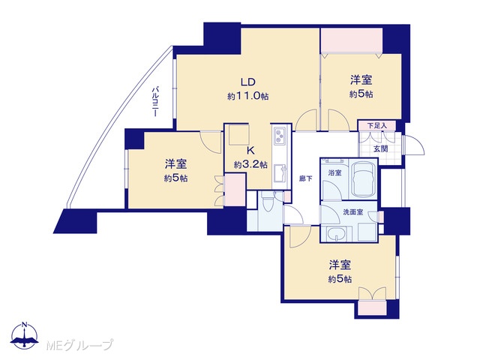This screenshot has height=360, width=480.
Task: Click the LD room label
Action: (x=248, y=82)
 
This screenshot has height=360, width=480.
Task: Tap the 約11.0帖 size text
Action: (x=248, y=97)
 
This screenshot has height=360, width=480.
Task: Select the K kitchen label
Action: (x=250, y=151)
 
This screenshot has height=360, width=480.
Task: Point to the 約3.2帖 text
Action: (x=250, y=165)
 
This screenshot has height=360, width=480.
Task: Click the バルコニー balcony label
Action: (x=155, y=102)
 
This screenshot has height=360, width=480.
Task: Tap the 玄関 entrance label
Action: (x=380, y=148)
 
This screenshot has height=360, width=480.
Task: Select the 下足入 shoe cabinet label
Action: (x=376, y=125)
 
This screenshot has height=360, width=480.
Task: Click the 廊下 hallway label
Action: (x=306, y=178)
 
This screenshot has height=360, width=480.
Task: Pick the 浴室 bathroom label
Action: (x=334, y=172)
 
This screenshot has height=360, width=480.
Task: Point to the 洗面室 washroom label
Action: (x=353, y=211)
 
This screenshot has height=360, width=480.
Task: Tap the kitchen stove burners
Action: (x=280, y=136)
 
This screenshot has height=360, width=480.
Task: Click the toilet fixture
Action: (x=267, y=202)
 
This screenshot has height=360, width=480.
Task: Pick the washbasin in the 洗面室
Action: (x=336, y=235)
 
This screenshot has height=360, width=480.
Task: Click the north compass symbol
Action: (x=25, y=336)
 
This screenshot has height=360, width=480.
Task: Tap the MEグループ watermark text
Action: (x=80, y=346)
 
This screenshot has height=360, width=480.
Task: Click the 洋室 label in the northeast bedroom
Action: (x=361, y=80)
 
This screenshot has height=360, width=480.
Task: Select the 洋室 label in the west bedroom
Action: (x=175, y=164)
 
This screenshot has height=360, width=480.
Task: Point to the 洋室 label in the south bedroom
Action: (x=340, y=265)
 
